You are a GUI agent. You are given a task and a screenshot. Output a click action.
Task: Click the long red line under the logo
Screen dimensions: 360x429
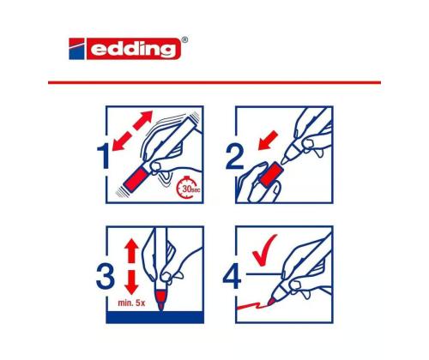tap(214, 82)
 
